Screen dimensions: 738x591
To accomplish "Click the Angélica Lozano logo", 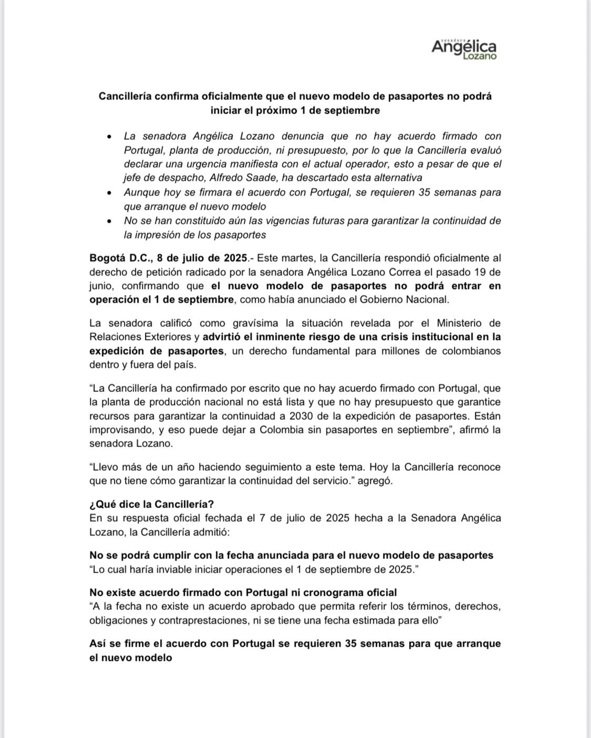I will (x=463, y=48).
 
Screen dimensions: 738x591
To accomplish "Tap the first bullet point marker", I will (x=109, y=137).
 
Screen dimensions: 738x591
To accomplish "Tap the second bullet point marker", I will (x=109, y=193).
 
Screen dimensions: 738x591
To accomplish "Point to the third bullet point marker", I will (x=109, y=221).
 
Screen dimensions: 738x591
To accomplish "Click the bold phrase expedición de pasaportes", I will (x=157, y=350).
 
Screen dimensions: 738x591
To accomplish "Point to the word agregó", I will (x=375, y=481).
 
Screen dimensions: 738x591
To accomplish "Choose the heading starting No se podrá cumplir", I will (x=291, y=555).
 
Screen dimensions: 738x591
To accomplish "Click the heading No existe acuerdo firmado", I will (x=243, y=593).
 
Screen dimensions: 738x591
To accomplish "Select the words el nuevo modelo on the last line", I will (x=130, y=657).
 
